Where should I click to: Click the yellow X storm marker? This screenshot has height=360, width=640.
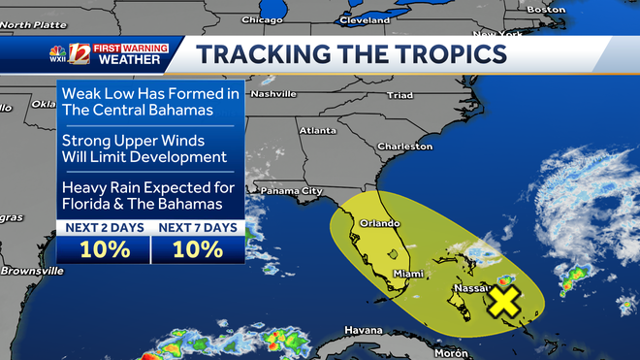point(503,301)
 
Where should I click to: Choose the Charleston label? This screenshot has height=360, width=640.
point(406,147)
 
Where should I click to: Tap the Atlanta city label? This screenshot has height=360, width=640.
point(318,130)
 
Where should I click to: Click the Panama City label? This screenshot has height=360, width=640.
point(292,191)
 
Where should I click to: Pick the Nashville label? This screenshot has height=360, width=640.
point(272,94)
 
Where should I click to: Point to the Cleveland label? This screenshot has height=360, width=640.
point(366,19)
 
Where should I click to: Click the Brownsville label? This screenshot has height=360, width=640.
point(31,271)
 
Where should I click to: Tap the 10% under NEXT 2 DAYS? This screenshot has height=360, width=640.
point(105,248)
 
